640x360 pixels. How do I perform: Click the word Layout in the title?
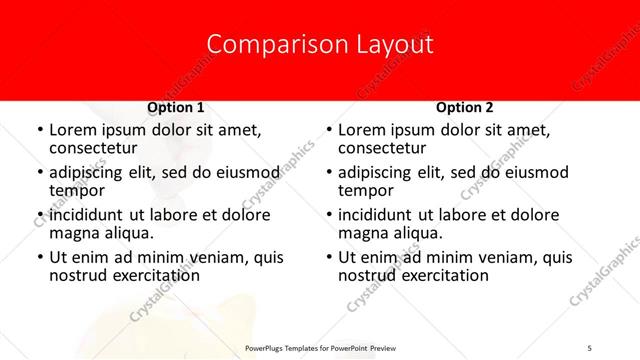392,44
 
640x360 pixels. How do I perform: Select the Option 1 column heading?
176,107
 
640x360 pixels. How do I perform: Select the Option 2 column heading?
465,107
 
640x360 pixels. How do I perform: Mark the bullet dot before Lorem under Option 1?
39,131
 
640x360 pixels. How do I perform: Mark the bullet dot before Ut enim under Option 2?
329,258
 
